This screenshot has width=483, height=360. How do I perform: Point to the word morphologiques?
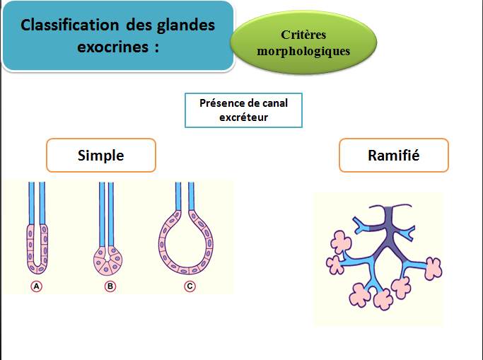point(303,51)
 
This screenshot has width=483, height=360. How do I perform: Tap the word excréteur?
point(244,117)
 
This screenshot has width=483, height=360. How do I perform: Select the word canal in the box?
point(273,103)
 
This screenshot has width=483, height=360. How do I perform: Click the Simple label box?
point(101,155)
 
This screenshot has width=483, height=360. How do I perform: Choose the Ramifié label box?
point(393,155)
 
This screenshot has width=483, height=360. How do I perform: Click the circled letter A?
point(37,286)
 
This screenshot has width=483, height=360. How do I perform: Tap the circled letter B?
point(110,286)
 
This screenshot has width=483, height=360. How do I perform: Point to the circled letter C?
point(190,286)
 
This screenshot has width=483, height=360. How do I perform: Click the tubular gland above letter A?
point(37,248)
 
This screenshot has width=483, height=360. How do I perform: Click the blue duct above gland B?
point(107,212)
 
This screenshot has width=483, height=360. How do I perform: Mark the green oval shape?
point(303,42)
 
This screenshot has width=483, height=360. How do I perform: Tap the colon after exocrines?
point(155,49)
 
